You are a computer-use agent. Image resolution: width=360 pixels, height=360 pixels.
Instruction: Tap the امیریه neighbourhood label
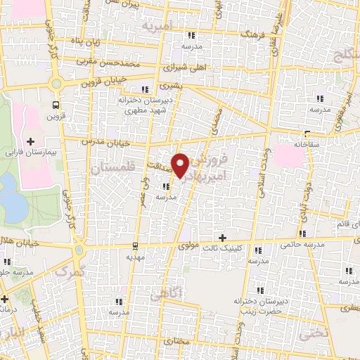point(156,26)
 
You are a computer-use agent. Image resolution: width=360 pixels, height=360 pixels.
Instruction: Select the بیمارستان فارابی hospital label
point(30,152)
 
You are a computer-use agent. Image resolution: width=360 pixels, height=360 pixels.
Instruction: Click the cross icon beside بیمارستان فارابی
point(30,141)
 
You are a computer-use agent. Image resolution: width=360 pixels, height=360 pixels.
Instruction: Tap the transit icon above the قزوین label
point(54,105)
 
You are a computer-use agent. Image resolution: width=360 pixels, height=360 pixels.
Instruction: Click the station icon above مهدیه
point(135,245)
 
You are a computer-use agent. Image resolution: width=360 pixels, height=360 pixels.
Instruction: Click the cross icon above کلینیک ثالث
point(223,238)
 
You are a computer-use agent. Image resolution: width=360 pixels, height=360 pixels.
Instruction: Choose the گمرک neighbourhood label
point(70,271)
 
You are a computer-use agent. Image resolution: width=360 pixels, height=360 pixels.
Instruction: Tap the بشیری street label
point(169,86)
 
